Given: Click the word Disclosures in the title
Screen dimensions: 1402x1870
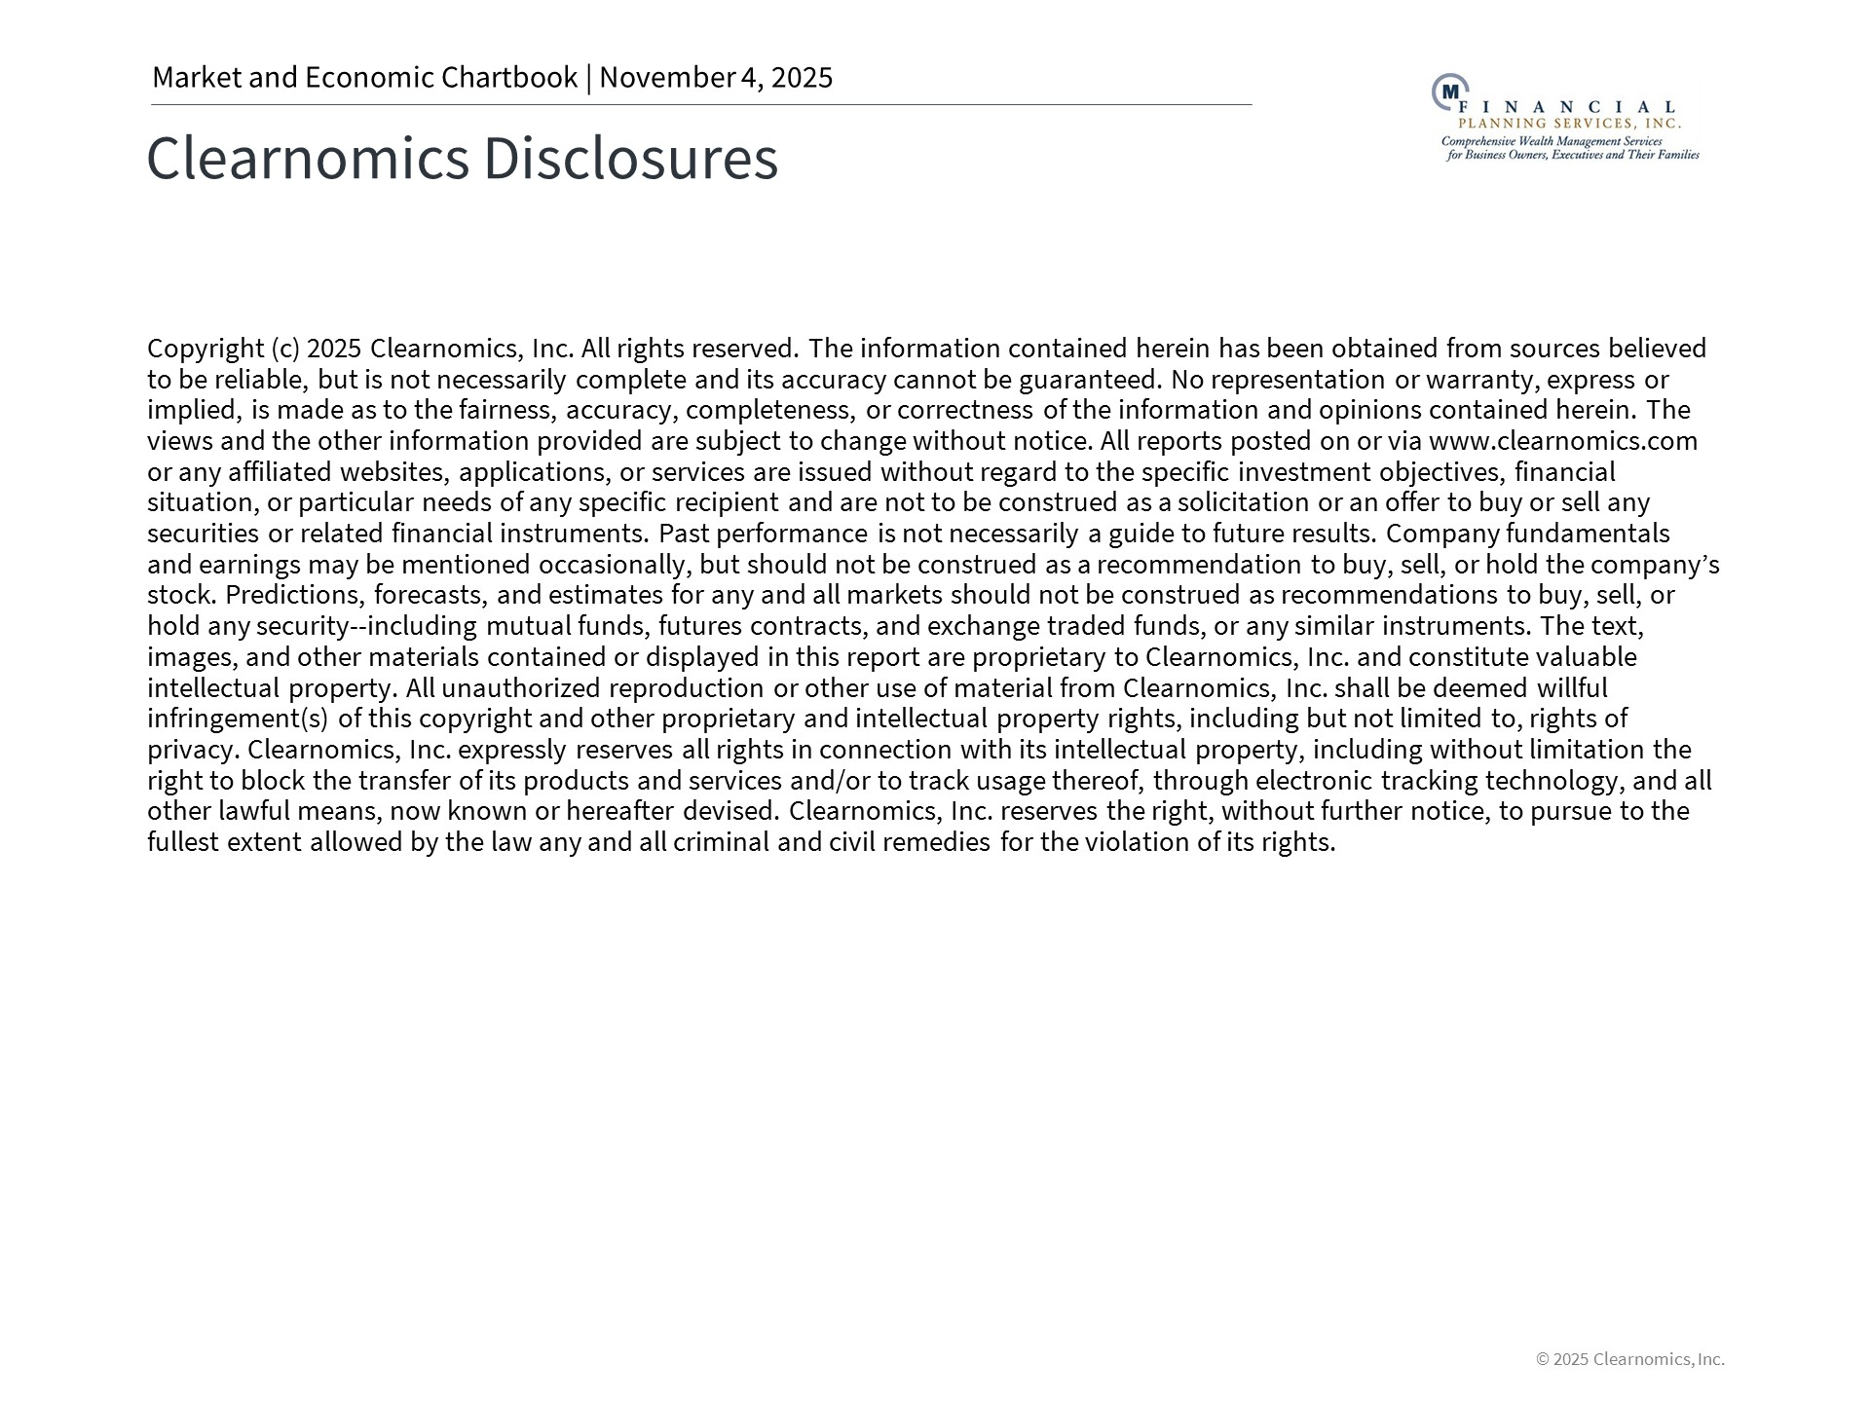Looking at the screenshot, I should click(x=630, y=159).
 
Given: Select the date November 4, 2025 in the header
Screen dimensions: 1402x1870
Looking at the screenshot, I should click(x=716, y=78).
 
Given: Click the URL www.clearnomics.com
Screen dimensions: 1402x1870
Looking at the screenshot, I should click(x=1562, y=441).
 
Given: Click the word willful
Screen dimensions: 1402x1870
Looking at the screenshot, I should click(x=1572, y=688).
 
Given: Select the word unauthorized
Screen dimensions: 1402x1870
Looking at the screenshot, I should click(x=521, y=688).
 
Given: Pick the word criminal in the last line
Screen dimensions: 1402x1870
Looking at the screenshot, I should click(x=721, y=842).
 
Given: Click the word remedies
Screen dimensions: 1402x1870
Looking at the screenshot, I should click(x=936, y=842).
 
